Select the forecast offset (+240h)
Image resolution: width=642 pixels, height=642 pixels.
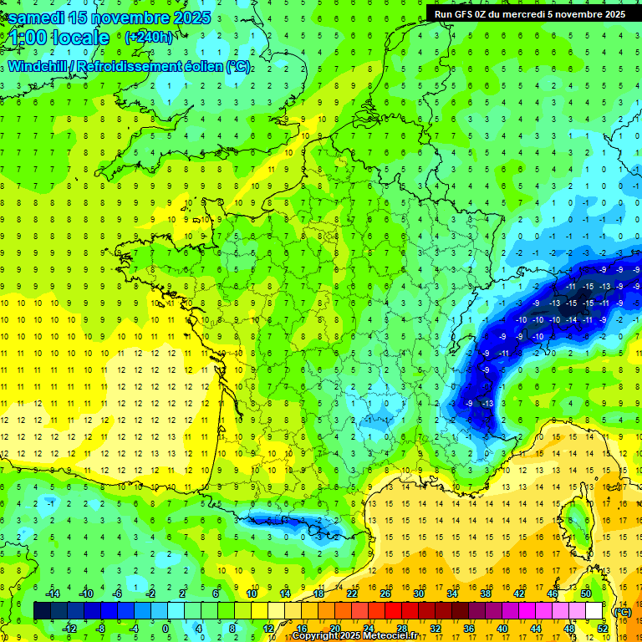point(149,37)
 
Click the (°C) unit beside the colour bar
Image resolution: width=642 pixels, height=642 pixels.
point(622,611)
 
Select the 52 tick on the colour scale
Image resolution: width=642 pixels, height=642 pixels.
point(602,628)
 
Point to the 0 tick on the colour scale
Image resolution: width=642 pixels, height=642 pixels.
point(166,628)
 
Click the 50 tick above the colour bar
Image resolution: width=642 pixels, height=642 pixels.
point(586,594)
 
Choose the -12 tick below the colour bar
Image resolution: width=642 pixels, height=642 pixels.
point(70,628)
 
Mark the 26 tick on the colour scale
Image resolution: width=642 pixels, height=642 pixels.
point(385,594)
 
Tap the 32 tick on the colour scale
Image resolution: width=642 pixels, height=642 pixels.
point(435,628)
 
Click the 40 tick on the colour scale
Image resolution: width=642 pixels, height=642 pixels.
point(502,628)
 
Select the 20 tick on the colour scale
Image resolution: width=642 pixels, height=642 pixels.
point(334,628)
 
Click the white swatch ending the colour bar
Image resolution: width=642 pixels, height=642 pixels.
point(594,611)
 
